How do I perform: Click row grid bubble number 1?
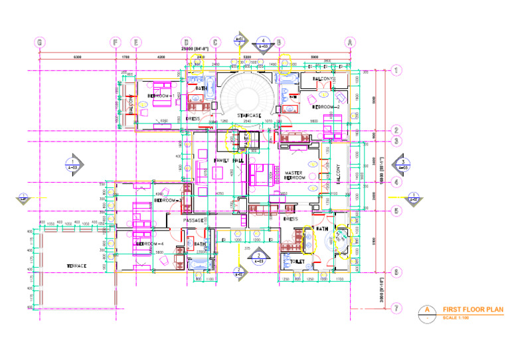(x=396, y=70)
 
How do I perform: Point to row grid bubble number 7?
(x=396, y=308)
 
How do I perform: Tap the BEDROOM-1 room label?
(x=161, y=96)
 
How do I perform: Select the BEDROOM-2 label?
(x=326, y=107)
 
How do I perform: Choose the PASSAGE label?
(x=193, y=220)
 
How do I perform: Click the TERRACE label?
(x=76, y=266)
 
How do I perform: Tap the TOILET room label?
(x=297, y=262)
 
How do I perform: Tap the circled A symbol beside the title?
(x=428, y=310)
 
